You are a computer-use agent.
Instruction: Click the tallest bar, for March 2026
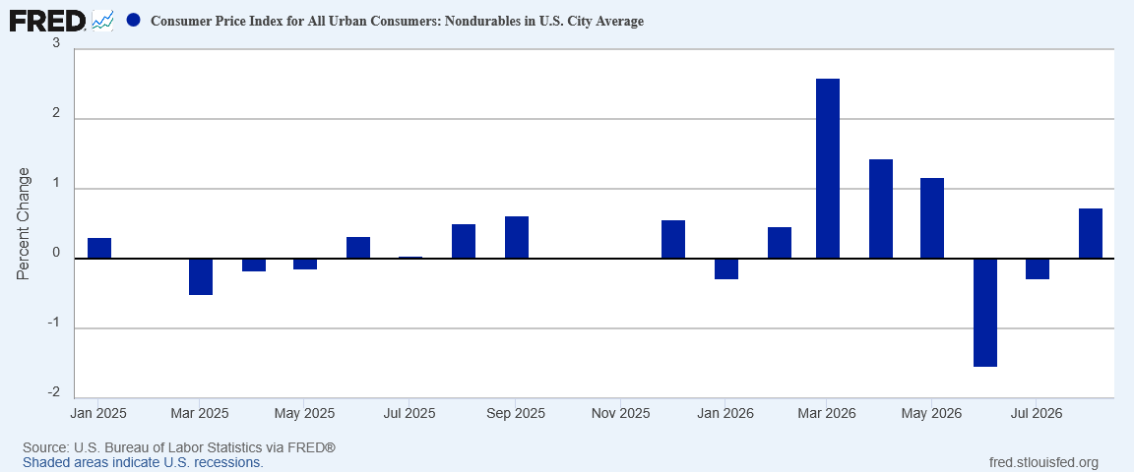(827, 168)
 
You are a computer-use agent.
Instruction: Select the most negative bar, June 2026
(985, 313)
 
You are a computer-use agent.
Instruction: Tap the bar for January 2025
(99, 248)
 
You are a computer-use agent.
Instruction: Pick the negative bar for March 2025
(201, 276)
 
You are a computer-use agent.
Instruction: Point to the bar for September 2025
(517, 237)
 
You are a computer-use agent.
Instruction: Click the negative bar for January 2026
(726, 268)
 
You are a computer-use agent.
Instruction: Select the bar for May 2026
(932, 217)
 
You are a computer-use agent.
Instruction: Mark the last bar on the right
(1091, 233)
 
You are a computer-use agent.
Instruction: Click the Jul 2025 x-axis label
(409, 414)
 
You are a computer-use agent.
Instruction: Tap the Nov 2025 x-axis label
(620, 414)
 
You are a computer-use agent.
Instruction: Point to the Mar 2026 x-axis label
(826, 414)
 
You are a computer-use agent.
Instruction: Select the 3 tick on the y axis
(56, 44)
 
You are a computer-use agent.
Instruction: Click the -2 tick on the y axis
(54, 393)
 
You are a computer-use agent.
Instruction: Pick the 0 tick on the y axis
(56, 254)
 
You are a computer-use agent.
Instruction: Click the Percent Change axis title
(24, 223)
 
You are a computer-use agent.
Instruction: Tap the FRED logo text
(47, 21)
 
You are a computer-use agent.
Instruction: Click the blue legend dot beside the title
(133, 21)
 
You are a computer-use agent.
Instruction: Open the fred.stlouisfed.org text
(1042, 462)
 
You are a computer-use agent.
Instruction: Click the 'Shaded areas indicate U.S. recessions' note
(143, 462)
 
